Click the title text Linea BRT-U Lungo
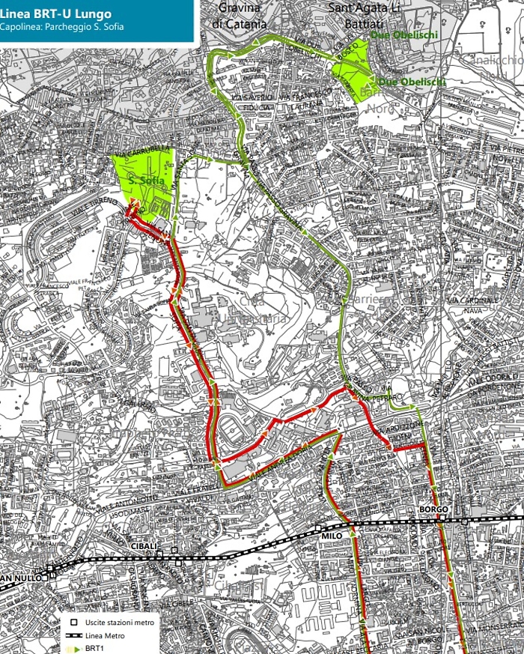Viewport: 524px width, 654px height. (57, 13)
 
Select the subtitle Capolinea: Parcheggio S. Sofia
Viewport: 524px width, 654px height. (62, 28)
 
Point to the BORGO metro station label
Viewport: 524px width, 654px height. (434, 510)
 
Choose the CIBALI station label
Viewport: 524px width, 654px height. (145, 545)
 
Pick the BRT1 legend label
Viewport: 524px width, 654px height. (94, 648)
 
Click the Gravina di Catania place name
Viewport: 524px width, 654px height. (240, 16)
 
